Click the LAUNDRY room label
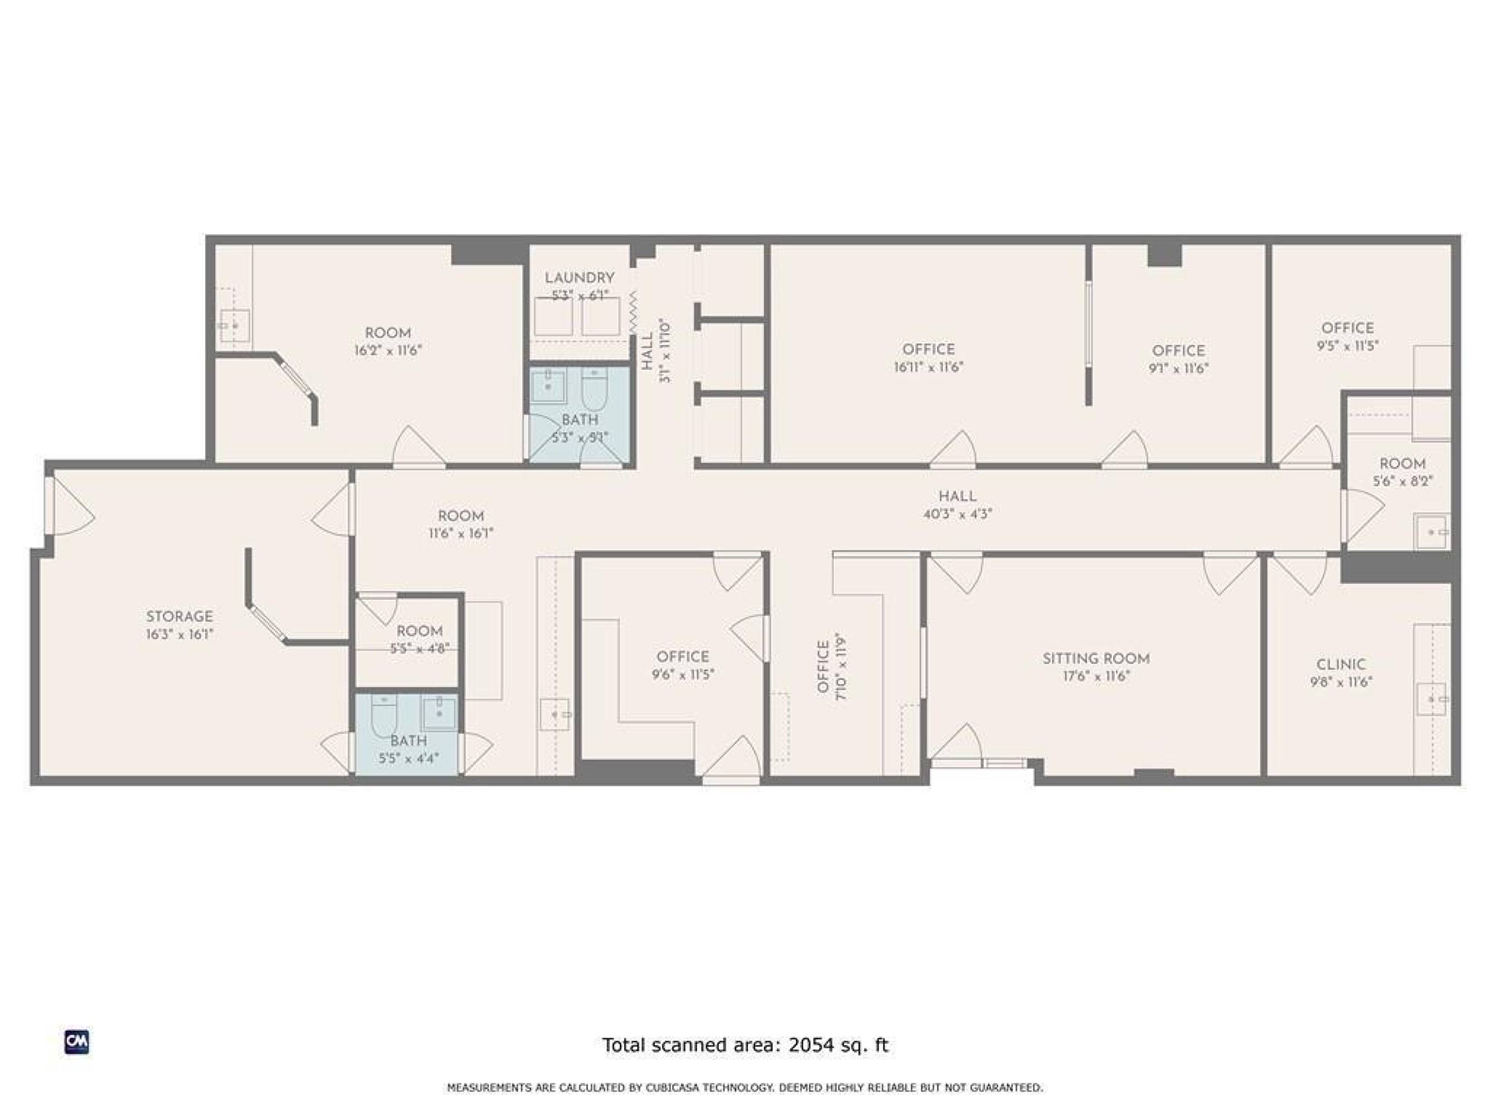tap(579, 278)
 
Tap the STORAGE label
tap(179, 616)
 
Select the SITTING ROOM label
tap(1096, 659)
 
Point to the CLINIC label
tap(1341, 665)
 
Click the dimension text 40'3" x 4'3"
tap(957, 514)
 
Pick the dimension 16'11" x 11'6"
tap(928, 367)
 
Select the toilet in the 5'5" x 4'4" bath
tap(384, 716)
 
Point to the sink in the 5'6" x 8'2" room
tap(1431, 532)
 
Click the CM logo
tap(77, 1042)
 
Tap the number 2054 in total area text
tap(810, 1045)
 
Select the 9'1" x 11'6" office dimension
tap(1179, 368)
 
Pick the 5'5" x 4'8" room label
tap(420, 649)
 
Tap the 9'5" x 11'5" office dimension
tap(1348, 345)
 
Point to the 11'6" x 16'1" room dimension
tap(461, 533)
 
